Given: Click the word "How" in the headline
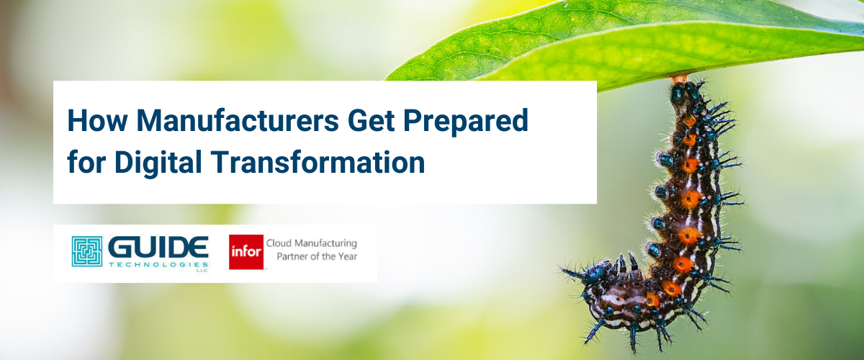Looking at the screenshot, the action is click(97, 121).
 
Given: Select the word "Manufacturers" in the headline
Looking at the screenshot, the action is click(238, 121).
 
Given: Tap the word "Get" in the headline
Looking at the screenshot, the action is click(371, 121).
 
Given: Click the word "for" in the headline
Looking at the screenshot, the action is click(86, 162).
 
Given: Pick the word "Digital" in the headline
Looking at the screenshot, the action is click(158, 163).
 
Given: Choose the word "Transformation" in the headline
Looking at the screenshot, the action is click(318, 162).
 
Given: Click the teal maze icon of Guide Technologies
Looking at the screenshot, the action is click(87, 251).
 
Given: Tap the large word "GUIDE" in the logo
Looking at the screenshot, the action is click(158, 248).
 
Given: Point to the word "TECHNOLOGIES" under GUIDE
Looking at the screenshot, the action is click(158, 265).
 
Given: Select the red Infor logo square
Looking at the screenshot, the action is click(246, 252).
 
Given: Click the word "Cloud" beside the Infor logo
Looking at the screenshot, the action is click(279, 243).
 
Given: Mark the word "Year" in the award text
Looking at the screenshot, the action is click(348, 256).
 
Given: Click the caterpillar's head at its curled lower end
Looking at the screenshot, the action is click(595, 273).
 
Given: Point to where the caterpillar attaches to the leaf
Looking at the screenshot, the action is click(680, 79).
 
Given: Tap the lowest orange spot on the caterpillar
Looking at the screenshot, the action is click(652, 300).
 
